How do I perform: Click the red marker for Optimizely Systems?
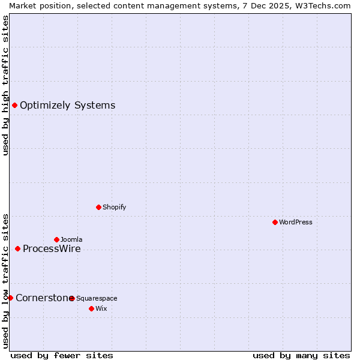tap(14, 106)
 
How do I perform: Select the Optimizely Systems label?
tap(67, 106)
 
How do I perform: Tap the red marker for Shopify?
tap(98, 207)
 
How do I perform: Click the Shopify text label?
tap(114, 208)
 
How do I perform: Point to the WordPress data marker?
tap(275, 222)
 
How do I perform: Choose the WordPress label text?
tap(295, 223)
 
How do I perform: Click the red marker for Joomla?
tap(56, 239)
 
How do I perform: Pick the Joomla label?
tap(71, 240)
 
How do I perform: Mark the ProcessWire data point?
tap(17, 248)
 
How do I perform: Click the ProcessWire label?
tap(52, 249)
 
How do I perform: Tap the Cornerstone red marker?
tap(10, 298)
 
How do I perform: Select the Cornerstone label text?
tap(42, 298)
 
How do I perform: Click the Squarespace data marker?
tap(72, 298)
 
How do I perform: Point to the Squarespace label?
tap(97, 299)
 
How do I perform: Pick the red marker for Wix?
tap(91, 308)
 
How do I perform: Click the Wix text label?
tap(101, 309)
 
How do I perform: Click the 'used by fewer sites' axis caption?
tap(62, 355)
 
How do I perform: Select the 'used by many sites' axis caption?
tap(301, 355)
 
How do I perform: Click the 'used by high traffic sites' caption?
tap(5, 85)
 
